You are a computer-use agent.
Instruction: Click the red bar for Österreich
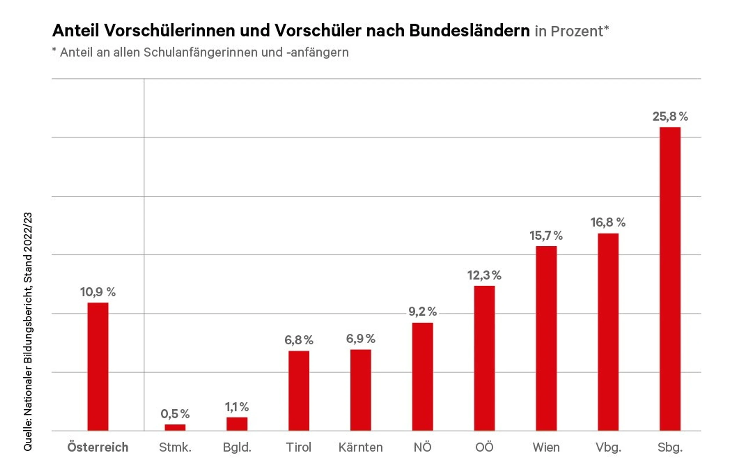tap(98, 366)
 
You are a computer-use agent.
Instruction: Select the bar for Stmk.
tap(175, 427)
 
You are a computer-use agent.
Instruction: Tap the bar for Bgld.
tap(237, 424)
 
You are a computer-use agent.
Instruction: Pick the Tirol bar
tap(299, 391)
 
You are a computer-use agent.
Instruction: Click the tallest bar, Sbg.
tap(670, 279)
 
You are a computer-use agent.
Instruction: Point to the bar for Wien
tap(546, 338)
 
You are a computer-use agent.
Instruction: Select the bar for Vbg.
tap(608, 332)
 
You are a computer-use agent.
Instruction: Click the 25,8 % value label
tap(670, 116)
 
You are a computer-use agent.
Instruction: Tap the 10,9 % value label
tap(98, 292)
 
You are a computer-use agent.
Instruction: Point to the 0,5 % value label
tap(175, 414)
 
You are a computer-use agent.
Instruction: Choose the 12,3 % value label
tap(484, 275)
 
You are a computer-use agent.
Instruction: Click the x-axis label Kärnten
tap(360, 447)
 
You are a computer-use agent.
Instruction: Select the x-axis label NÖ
tap(422, 447)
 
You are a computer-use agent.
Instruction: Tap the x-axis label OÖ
tap(484, 447)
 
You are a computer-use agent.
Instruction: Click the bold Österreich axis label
tap(98, 447)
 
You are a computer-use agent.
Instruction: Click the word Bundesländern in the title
tap(469, 30)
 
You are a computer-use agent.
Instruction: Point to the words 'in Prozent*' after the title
tap(572, 31)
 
